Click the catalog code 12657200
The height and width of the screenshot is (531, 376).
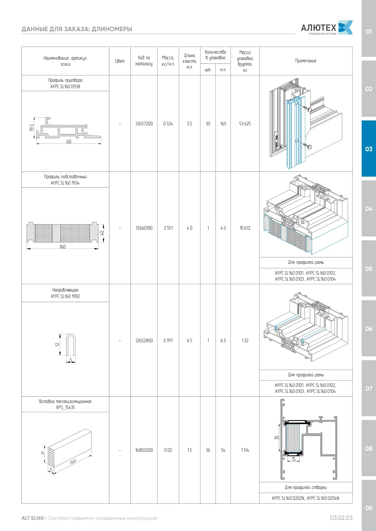click(144, 123)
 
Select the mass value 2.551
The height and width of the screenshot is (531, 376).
click(168, 228)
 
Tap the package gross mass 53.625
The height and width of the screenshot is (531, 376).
click(245, 123)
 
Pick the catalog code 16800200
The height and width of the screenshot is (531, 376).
click(144, 450)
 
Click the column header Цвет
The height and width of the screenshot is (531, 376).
click(120, 61)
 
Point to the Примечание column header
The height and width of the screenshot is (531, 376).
click(306, 61)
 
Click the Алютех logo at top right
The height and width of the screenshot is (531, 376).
click(327, 27)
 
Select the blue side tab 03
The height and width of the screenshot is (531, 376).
click(368, 149)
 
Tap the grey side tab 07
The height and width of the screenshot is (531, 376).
click(368, 388)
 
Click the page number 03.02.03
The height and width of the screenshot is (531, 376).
click(341, 518)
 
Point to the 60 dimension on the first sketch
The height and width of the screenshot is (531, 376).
click(69, 141)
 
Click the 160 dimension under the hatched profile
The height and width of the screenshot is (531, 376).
click(62, 247)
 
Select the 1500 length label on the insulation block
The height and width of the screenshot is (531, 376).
click(73, 461)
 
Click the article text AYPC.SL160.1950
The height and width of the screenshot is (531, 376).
click(65, 296)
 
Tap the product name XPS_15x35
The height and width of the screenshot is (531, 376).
click(65, 407)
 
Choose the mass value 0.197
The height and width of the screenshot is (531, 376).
click(168, 340)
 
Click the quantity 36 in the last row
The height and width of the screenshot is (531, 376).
click(208, 450)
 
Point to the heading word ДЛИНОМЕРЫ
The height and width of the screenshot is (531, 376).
click(112, 29)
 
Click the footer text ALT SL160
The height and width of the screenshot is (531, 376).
click(33, 518)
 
